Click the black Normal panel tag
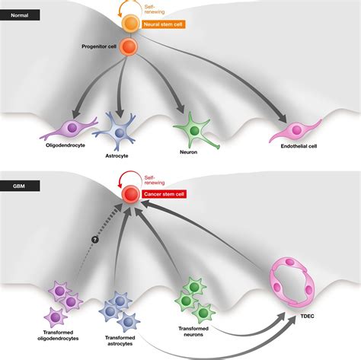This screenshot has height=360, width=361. [20, 15]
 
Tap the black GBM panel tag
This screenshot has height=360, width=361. [20, 186]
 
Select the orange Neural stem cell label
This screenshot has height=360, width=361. [163, 24]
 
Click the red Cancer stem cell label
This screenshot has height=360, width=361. [164, 194]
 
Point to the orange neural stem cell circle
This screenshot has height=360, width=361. [130, 24]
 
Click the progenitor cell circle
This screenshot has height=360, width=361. [128, 46]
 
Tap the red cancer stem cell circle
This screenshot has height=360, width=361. [130, 194]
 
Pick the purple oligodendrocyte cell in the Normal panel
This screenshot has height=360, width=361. [69, 129]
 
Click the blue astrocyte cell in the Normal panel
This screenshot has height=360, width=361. [117, 132]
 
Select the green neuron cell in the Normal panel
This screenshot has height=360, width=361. [195, 132]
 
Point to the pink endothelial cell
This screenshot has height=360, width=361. [296, 131]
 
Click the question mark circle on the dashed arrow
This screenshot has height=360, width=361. [95, 239]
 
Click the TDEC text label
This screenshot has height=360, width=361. [307, 316]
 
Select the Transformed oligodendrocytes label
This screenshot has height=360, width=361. [58, 336]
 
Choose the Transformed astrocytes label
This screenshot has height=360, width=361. [120, 341]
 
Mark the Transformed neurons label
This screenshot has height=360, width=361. [193, 331]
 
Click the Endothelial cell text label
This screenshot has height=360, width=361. [299, 146]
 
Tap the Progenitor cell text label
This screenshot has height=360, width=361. [99, 46]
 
